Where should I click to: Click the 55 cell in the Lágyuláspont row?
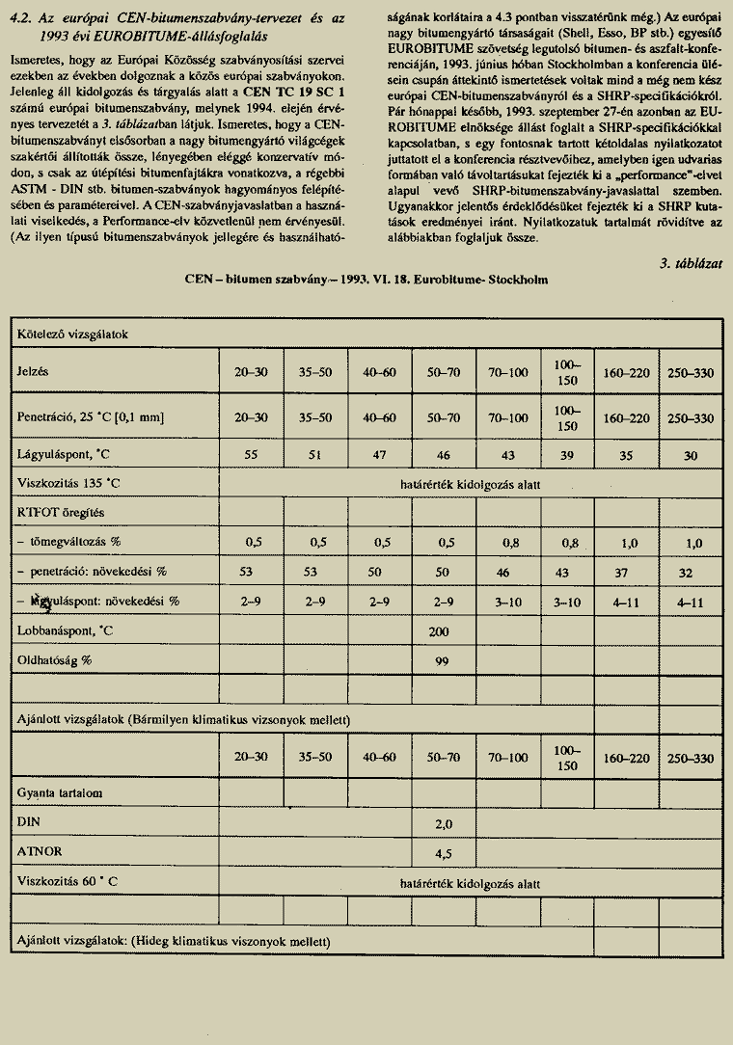(250, 453)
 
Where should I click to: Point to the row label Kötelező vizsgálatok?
(72, 334)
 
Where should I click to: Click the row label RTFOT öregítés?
(59, 513)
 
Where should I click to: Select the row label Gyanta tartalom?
(60, 792)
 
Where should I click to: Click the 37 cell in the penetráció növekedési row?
(629, 572)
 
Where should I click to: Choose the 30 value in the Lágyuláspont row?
(691, 453)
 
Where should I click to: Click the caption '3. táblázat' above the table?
(692, 262)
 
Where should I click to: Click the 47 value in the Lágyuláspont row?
(381, 453)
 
